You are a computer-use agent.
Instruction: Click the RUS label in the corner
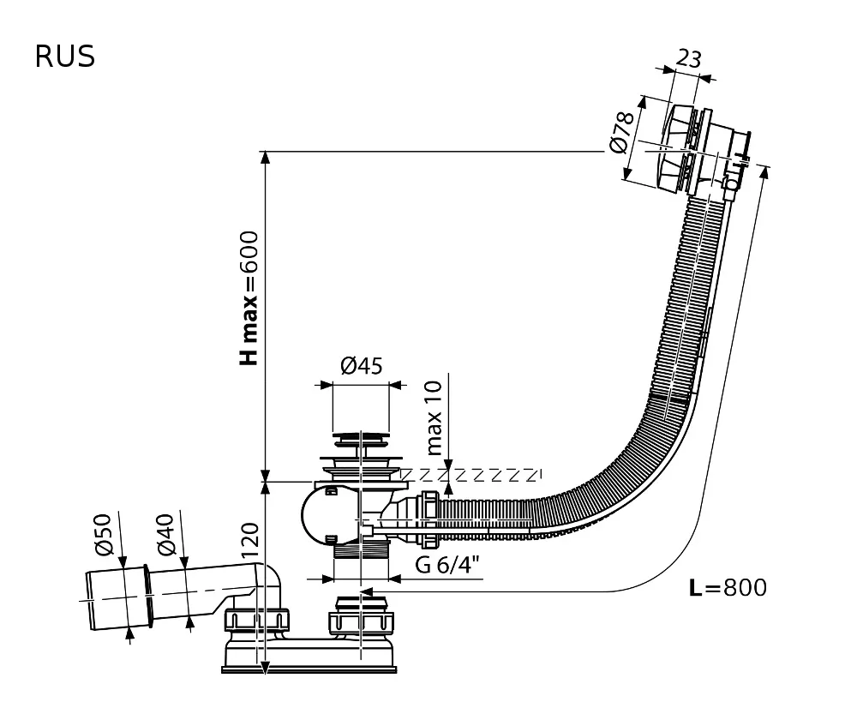pyautogui.click(x=64, y=57)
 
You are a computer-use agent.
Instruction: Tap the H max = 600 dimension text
pyautogui.click(x=249, y=297)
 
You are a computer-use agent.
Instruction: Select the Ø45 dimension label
pyautogui.click(x=361, y=367)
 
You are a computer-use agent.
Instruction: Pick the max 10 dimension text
pyautogui.click(x=434, y=417)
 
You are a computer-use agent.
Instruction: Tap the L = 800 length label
pyautogui.click(x=728, y=588)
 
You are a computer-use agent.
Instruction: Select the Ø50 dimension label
pyautogui.click(x=104, y=534)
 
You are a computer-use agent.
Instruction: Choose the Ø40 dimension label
pyautogui.click(x=165, y=534)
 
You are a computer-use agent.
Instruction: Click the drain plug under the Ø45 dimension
pyautogui.click(x=361, y=441)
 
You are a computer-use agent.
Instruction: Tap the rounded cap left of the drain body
pyautogui.click(x=319, y=514)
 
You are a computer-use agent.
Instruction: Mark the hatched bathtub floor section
pyautogui.click(x=471, y=474)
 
